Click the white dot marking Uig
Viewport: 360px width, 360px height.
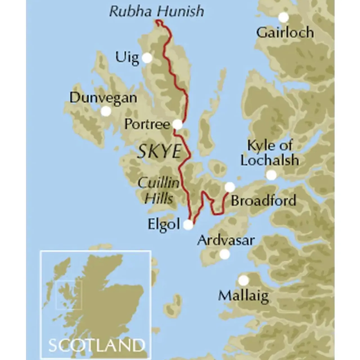pyautogui.click(x=147, y=58)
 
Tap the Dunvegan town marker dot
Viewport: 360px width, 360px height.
pyautogui.click(x=106, y=111)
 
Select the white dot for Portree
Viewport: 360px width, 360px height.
pyautogui.click(x=178, y=124)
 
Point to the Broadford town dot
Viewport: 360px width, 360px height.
pyautogui.click(x=230, y=187)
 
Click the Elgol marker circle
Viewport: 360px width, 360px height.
pyautogui.click(x=188, y=225)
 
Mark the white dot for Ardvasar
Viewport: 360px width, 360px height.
pyautogui.click(x=224, y=254)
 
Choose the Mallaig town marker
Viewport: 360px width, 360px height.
pyautogui.click(x=244, y=280)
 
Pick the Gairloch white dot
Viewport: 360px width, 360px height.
pyautogui.click(x=283, y=17)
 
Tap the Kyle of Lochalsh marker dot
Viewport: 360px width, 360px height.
pyautogui.click(x=271, y=175)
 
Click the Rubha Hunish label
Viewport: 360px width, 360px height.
pyautogui.click(x=157, y=11)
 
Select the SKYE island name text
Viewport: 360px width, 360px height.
pyautogui.click(x=159, y=152)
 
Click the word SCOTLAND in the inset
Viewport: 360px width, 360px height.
pyautogui.click(x=95, y=345)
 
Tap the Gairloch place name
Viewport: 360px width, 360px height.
pyautogui.click(x=285, y=33)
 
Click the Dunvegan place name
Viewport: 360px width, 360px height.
pyautogui.click(x=103, y=98)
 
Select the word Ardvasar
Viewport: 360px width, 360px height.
pyautogui.click(x=226, y=240)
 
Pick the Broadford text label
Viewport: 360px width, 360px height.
pyautogui.click(x=264, y=201)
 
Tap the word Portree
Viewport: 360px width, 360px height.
pyautogui.click(x=147, y=124)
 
